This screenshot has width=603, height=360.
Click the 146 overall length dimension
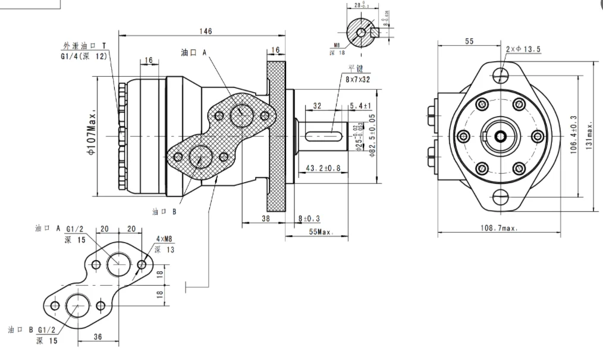point(206,31)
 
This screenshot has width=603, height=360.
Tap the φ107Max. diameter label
point(91,135)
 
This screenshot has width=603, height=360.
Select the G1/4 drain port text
point(83,57)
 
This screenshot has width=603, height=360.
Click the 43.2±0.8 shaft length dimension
point(323,168)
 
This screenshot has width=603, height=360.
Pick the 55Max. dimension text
point(320,232)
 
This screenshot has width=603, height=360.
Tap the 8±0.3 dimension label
point(309,218)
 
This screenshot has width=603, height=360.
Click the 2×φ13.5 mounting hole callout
point(523,49)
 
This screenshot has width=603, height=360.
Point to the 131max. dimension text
point(589,135)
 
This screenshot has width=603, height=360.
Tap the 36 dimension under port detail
point(98,336)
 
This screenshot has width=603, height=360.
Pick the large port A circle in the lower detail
point(118,262)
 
